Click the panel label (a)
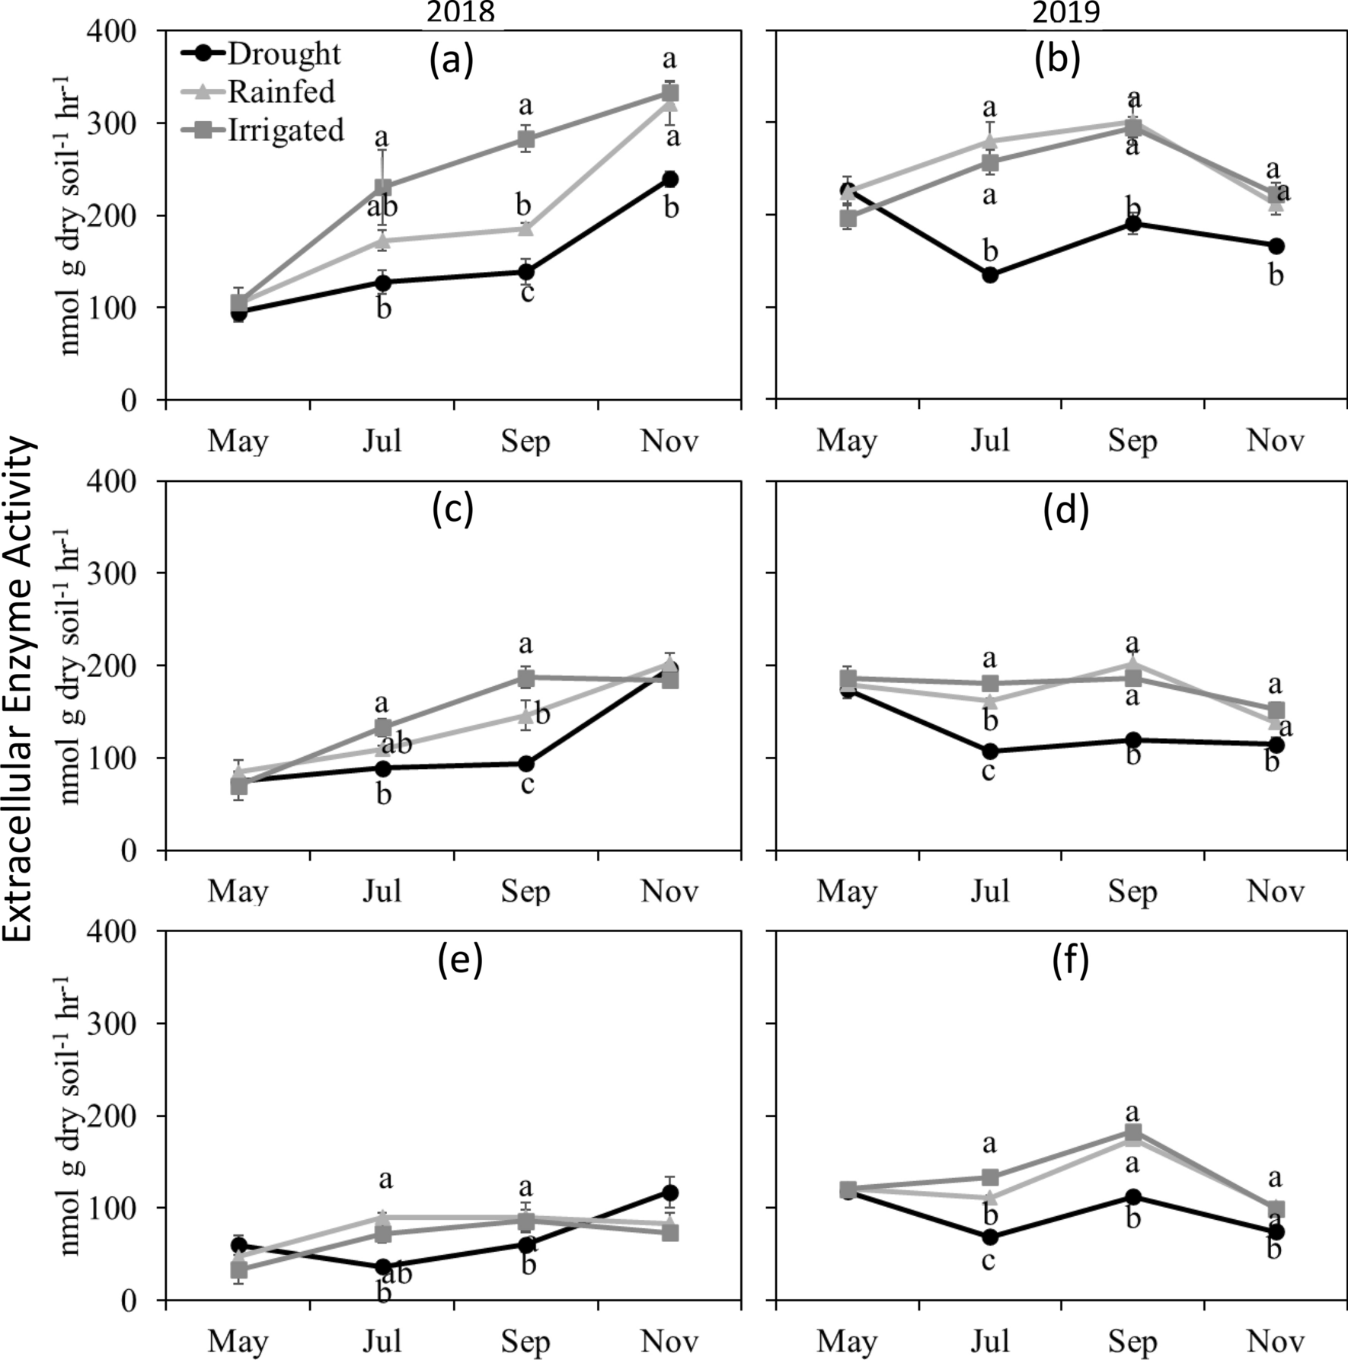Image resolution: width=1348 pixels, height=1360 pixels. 452,61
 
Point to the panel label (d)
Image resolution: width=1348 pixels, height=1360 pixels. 1065,511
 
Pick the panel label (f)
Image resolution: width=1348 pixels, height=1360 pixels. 1070,961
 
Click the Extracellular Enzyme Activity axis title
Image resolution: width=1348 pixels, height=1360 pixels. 21,688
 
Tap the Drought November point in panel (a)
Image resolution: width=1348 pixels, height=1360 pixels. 670,179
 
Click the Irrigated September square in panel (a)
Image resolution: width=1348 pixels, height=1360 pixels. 526,139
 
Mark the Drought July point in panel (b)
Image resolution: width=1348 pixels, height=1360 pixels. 990,275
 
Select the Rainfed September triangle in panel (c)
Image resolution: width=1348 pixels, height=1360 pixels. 525,716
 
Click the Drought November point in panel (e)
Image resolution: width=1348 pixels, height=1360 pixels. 670,1192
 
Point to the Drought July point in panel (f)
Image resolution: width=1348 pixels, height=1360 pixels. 990,1237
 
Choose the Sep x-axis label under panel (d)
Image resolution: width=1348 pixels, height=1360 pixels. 1132,891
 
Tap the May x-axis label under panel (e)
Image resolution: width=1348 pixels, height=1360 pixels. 238,1340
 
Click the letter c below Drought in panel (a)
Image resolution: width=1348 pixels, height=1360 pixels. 527,292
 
